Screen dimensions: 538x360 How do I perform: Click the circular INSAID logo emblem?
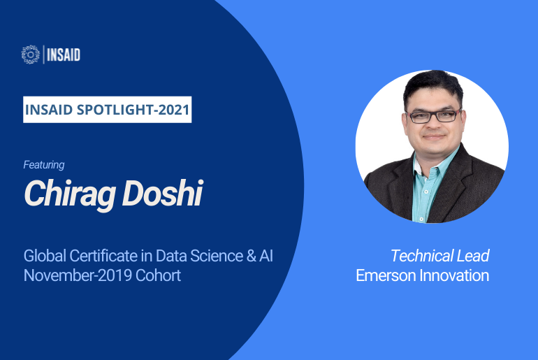[31, 55]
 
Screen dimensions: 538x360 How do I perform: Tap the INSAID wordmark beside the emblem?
[64, 55]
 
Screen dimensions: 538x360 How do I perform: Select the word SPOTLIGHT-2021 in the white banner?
[133, 110]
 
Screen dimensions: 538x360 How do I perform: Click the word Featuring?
[44, 165]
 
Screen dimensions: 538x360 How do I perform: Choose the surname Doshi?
[162, 192]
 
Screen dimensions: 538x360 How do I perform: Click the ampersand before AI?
[251, 256]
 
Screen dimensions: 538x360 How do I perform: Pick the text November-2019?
[78, 275]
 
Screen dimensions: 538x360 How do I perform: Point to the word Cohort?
[158, 275]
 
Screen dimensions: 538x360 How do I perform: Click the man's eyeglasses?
[434, 115]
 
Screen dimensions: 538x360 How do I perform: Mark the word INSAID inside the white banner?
[49, 110]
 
